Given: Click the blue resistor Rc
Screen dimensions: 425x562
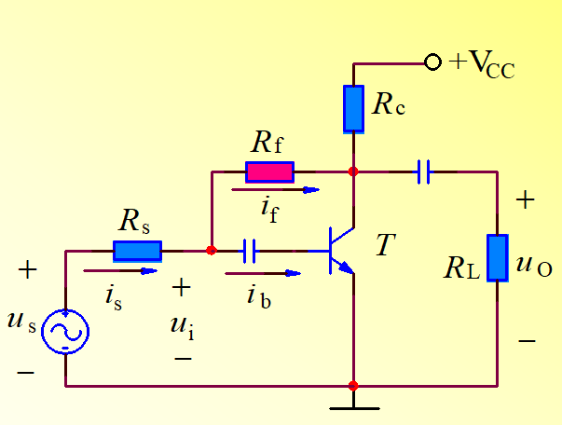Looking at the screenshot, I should [354, 108].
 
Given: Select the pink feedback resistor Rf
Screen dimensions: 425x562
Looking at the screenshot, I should [269, 171].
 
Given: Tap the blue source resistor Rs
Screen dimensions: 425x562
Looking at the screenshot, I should [137, 250].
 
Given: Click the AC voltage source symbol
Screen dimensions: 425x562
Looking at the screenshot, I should [66, 331].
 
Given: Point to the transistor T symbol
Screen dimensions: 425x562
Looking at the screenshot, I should [341, 250].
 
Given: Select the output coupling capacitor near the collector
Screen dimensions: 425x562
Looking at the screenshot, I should [424, 171].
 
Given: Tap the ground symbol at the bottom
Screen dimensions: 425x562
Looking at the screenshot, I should [354, 401].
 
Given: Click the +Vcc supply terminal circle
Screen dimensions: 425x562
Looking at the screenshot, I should [432, 62].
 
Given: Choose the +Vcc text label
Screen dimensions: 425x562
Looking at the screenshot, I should [482, 64].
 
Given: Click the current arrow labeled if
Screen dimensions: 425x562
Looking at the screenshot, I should [276, 190].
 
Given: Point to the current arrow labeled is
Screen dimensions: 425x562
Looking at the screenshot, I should [120, 271].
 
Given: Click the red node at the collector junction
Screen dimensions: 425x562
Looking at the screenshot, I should [353, 171].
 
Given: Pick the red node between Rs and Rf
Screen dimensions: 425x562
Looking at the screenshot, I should [211, 250].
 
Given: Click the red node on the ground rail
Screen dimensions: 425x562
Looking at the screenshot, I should [353, 385].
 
